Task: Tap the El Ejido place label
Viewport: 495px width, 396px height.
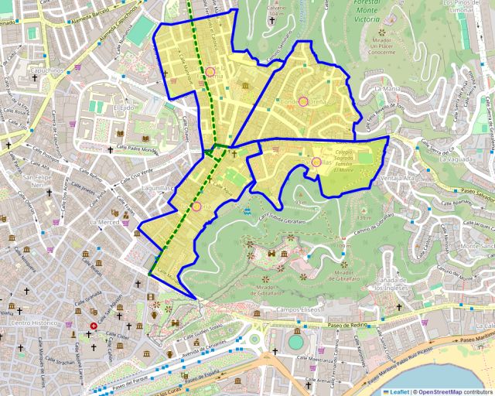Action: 124,108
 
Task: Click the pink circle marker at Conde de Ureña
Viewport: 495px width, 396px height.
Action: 303,101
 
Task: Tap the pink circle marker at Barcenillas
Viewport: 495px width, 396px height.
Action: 316,162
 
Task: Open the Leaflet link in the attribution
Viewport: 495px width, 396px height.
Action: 399,391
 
